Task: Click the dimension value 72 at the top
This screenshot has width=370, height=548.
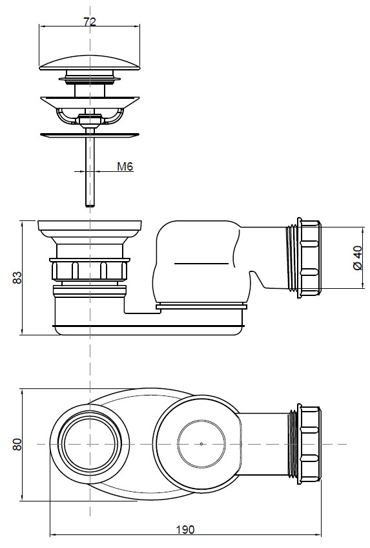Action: [90, 22]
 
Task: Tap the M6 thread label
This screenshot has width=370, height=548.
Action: [125, 167]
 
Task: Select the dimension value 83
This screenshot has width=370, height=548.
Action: [17, 277]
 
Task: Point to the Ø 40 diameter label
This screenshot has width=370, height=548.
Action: [358, 258]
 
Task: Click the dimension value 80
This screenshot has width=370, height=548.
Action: [17, 444]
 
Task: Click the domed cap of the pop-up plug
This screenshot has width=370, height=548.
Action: [90, 63]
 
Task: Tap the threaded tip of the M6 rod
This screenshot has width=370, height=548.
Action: [90, 205]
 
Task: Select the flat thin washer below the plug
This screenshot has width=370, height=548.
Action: [90, 134]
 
